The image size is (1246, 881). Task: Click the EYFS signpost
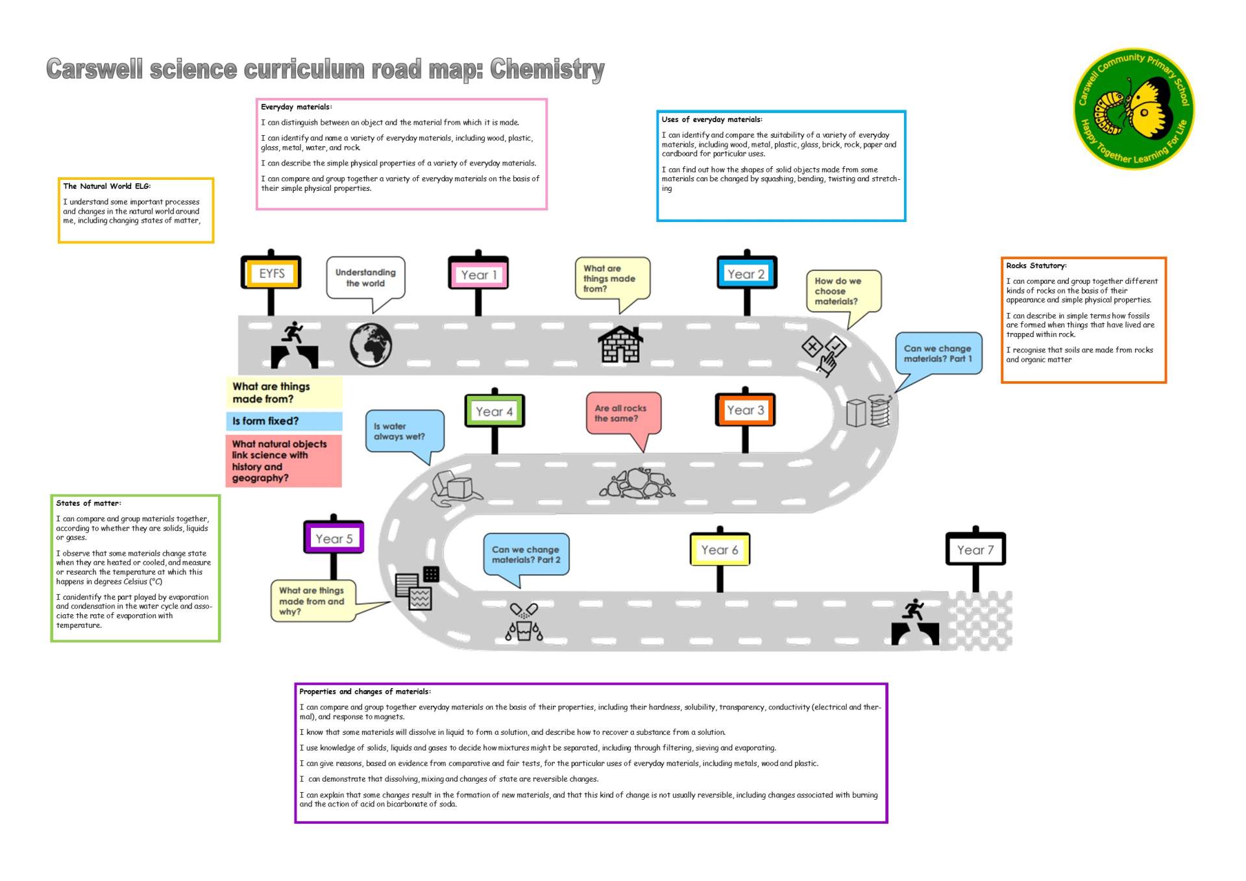271,273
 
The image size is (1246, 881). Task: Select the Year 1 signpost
478,275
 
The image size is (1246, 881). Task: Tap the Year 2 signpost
746,274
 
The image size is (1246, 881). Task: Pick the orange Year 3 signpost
745,410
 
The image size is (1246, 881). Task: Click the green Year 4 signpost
495,412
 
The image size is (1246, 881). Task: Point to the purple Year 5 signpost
334,538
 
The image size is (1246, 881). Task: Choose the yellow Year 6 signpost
720,550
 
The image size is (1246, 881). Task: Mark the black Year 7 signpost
975,550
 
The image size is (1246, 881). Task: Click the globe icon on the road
371,345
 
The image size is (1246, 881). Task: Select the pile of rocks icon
637,484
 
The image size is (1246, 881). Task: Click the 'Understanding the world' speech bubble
365,278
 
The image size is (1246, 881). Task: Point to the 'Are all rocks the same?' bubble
622,414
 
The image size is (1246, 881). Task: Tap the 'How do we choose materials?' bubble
842,291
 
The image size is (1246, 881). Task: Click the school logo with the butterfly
1133,108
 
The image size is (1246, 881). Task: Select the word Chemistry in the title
547,69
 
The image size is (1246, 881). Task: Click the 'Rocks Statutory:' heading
1036,266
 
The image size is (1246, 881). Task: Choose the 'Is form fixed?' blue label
284,421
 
